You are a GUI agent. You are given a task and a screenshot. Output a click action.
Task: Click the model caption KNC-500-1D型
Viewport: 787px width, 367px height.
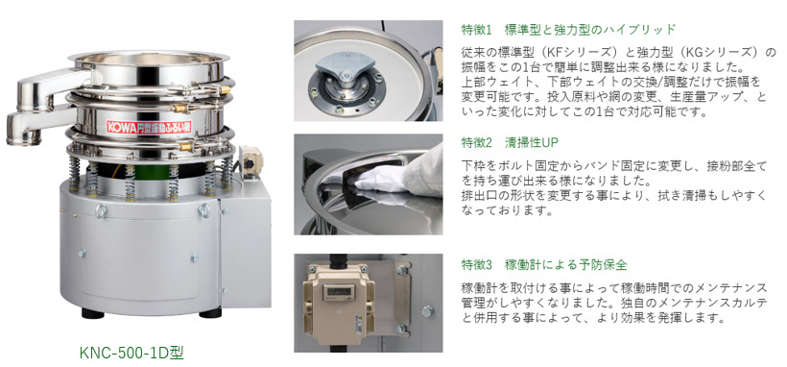(x=132, y=353)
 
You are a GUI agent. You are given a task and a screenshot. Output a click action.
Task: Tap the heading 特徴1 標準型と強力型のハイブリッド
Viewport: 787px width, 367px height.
(x=568, y=29)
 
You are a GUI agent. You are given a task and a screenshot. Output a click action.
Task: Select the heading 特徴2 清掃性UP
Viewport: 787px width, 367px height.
(x=510, y=142)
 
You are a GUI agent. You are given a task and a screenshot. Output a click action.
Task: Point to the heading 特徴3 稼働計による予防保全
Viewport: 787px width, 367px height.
(x=544, y=264)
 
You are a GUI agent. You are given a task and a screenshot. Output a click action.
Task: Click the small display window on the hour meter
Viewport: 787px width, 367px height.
(x=333, y=290)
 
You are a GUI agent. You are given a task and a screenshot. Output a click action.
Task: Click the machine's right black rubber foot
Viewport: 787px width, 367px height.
(x=210, y=313)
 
